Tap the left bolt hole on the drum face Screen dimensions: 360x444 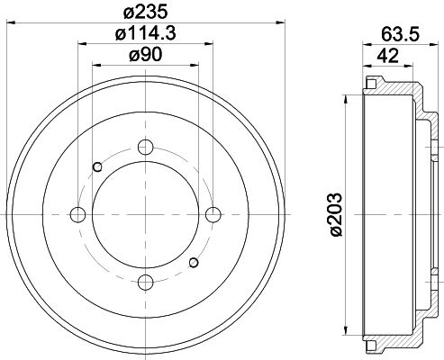pyautogui.click(x=77, y=214)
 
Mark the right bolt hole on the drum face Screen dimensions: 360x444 pyautogui.click(x=213, y=214)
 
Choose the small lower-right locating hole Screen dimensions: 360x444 pyautogui.click(x=193, y=263)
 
